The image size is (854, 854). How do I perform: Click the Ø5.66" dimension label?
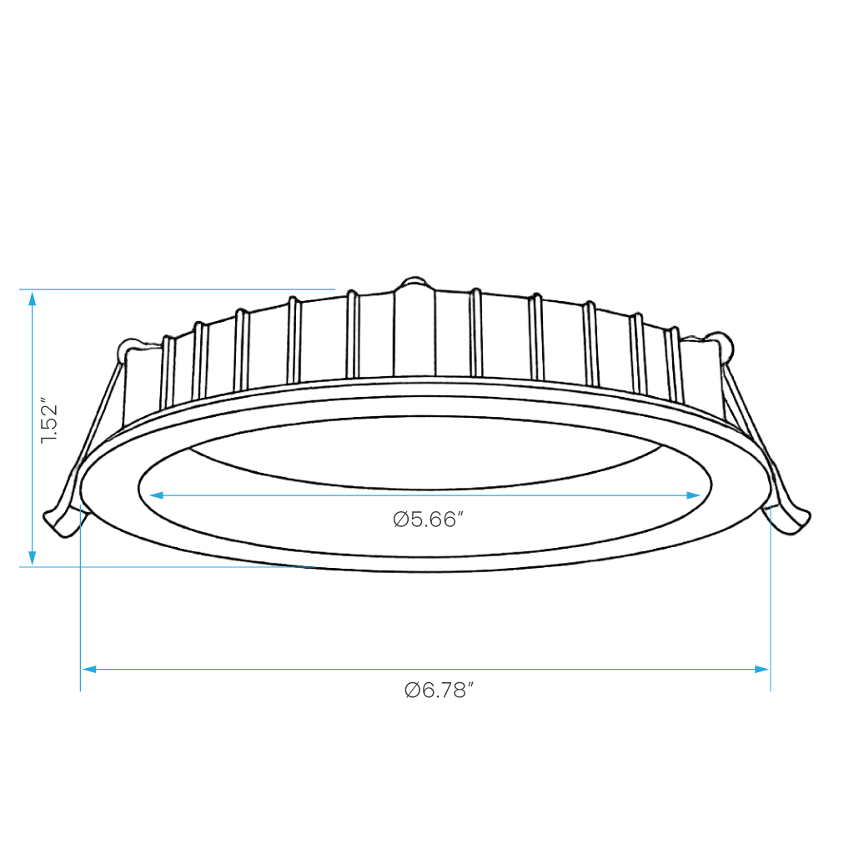point(428,519)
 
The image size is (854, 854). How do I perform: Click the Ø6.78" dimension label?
point(439,690)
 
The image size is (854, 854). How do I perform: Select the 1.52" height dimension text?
point(49,424)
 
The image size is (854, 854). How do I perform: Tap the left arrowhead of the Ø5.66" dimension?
point(156,495)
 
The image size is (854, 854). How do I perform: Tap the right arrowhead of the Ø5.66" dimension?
point(693,495)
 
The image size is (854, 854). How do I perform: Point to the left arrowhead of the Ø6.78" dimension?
point(88,669)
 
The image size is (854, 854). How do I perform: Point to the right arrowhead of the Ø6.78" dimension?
point(762,669)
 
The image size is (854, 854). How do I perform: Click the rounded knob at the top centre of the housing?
point(415,284)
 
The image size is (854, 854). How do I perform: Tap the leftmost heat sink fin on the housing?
point(168,372)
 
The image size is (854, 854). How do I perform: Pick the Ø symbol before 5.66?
point(401,520)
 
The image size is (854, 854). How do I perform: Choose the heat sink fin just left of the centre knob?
point(353,335)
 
